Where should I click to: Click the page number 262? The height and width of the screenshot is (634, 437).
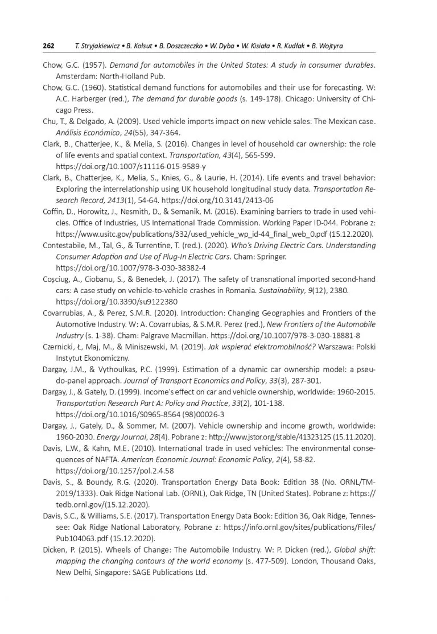point(49,46)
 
